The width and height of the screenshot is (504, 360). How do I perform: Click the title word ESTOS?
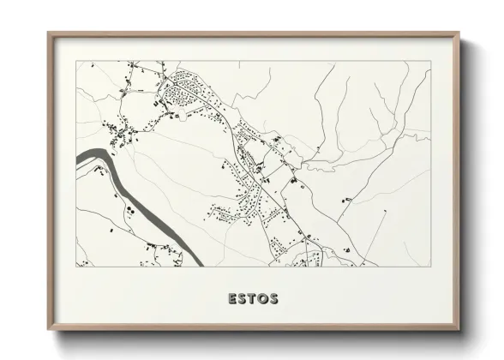point(253,299)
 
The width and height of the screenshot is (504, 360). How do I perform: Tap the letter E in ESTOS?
point(232,299)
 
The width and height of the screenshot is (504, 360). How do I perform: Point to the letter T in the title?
point(253,299)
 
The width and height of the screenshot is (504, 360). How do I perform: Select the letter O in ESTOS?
point(263,299)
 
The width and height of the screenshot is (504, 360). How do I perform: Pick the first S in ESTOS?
point(243,299)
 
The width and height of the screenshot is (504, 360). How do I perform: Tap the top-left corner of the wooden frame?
point(49,33)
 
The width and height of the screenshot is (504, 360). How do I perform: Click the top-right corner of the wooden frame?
point(459,33)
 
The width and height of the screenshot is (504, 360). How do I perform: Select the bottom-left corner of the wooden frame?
point(49,329)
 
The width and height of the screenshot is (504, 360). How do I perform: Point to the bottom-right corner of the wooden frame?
point(459,329)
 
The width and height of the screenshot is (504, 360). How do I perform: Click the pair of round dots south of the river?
point(129,209)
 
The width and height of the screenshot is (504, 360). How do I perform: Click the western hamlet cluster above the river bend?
point(120,133)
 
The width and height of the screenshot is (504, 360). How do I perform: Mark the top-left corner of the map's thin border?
point(76,61)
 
